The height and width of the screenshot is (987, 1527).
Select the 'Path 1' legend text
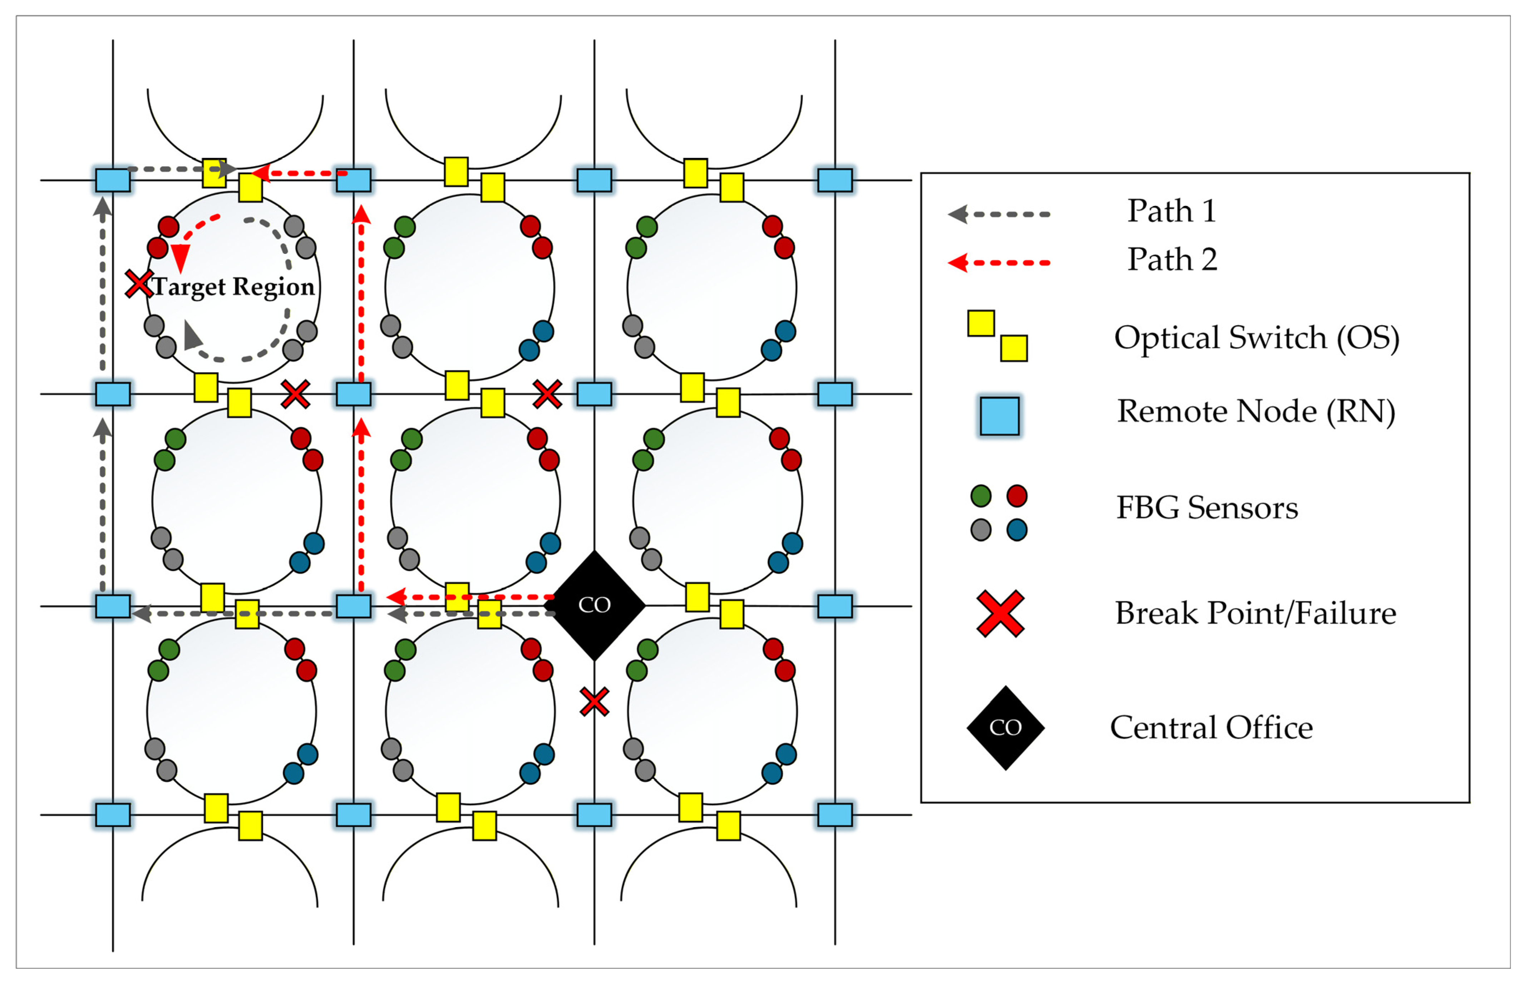click(1171, 211)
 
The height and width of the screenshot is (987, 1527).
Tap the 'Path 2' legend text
click(1172, 260)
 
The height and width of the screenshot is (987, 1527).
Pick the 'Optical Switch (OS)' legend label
click(1256, 338)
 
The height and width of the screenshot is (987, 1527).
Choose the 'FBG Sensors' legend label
click(1207, 507)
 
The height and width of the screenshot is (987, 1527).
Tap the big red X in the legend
click(1000, 613)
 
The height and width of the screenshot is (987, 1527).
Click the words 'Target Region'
click(234, 286)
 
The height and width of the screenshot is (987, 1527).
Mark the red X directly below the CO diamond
click(594, 701)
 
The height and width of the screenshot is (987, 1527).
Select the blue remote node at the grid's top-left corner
click(113, 180)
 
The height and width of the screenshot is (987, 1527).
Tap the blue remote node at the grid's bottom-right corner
click(834, 815)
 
